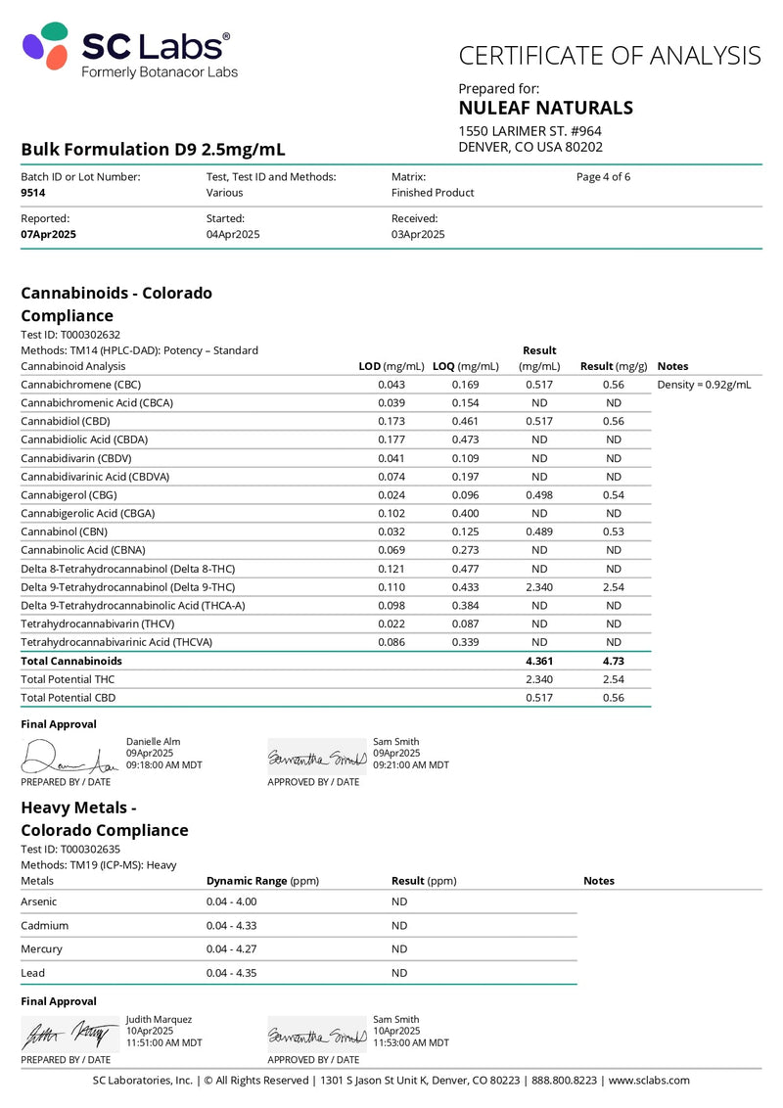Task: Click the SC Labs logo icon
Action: point(46,45)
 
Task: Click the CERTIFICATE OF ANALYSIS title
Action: point(609,55)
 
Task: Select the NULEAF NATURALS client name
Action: point(545,108)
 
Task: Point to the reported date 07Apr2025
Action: point(48,235)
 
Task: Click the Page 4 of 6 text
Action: point(603,177)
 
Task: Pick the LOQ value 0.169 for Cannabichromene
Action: point(465,385)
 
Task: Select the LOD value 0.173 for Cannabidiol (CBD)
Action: point(391,421)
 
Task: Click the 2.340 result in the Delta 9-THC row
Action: point(539,587)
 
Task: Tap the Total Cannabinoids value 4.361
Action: point(539,661)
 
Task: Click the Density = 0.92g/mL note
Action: point(704,385)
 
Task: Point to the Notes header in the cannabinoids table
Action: point(673,366)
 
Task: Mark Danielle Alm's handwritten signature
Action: point(69,756)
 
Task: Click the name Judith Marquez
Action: point(159,1019)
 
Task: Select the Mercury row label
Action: point(41,948)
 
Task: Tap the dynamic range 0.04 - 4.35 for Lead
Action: point(231,973)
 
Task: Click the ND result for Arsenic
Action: point(399,901)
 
